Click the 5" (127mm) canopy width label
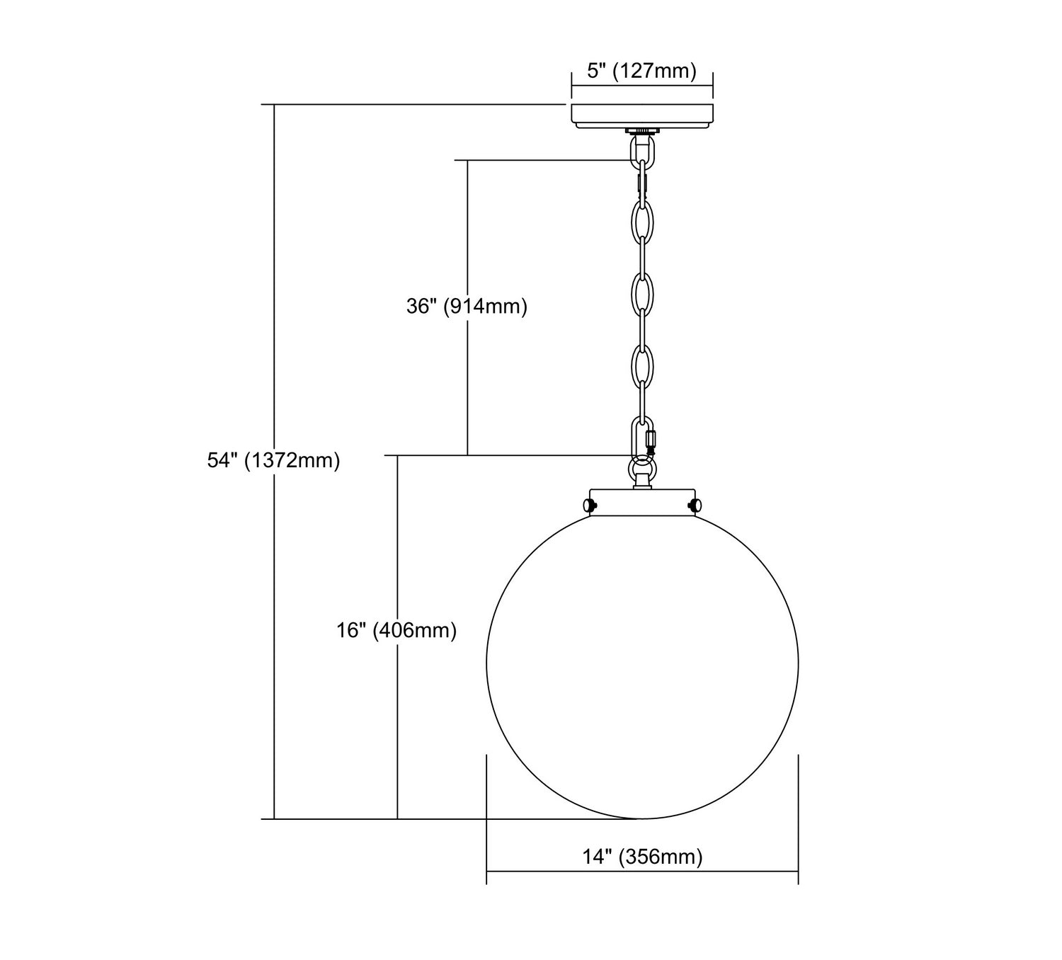[641, 70]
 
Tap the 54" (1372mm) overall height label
[273, 460]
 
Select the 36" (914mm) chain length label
[467, 306]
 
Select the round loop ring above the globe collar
[641, 469]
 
